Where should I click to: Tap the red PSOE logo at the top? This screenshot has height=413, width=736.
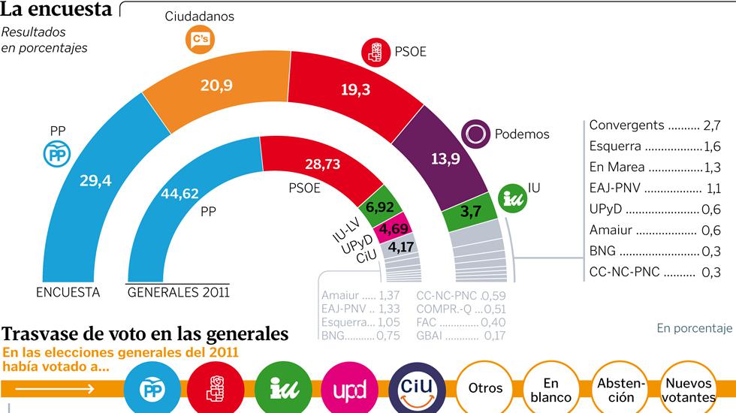pos(375,52)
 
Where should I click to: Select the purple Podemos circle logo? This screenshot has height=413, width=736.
pos(475,134)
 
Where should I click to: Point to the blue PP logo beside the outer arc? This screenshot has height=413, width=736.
pos(58,155)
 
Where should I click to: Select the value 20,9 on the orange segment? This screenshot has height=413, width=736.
pos(216,85)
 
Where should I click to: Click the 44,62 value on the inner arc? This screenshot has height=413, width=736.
pos(180,194)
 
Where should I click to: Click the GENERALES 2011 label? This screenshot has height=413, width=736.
pos(179,293)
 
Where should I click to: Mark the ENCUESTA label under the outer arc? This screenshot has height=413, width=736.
pos(68,293)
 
